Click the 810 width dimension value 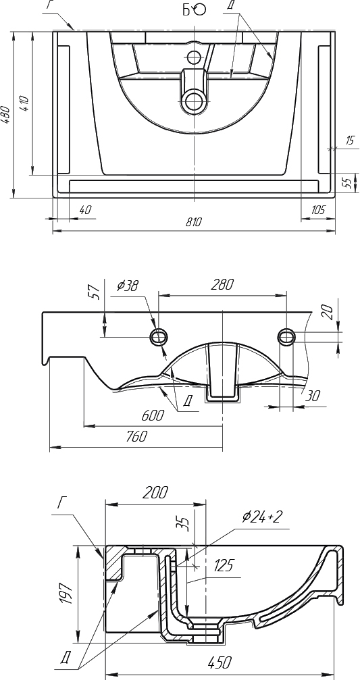(x=193, y=221)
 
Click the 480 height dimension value (x=5, y=115)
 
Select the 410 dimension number (x=24, y=103)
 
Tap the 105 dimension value (x=318, y=210)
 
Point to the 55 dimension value (x=347, y=182)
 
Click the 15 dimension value (x=350, y=140)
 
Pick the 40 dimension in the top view (x=86, y=210)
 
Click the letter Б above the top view (x=186, y=10)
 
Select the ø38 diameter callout (x=128, y=286)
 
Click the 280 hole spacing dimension (x=222, y=285)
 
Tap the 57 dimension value (x=96, y=292)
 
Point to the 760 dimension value (x=136, y=436)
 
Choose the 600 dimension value (x=153, y=415)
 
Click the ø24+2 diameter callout (x=263, y=517)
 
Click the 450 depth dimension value (x=220, y=662)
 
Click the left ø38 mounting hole (x=159, y=336)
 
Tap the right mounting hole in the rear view (x=286, y=336)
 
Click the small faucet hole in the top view (x=193, y=56)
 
